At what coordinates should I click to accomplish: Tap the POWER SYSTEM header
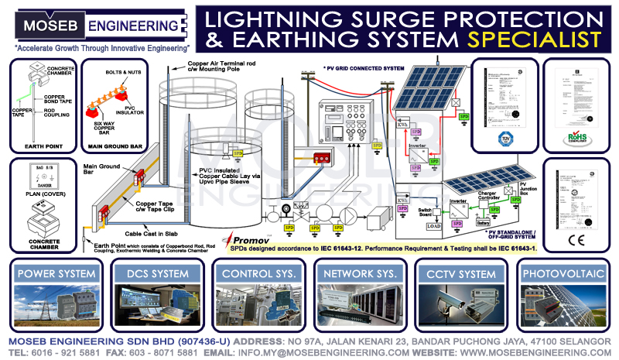57,273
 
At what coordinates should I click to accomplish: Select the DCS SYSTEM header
158,273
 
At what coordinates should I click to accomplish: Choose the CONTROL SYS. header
259,273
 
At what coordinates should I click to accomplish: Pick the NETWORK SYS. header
361,273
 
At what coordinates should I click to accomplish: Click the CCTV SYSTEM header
462,273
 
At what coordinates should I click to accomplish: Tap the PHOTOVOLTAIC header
563,273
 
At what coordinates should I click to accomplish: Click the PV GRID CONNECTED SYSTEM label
366,69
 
